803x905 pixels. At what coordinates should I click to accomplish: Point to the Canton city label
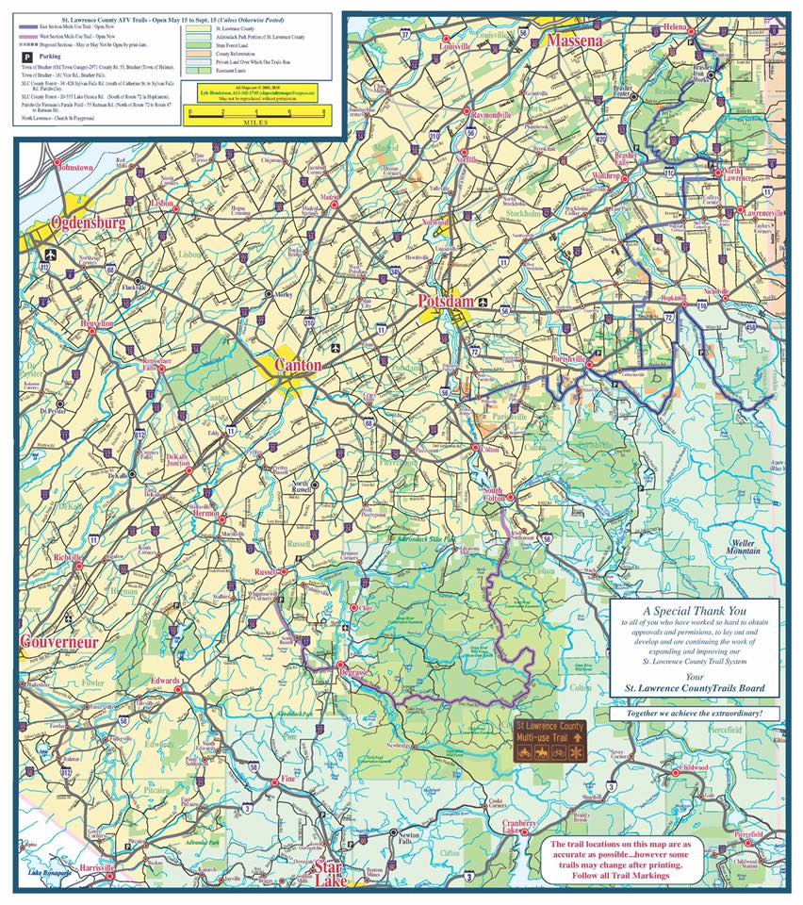(298, 365)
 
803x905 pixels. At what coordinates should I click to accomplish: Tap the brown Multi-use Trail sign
(549, 742)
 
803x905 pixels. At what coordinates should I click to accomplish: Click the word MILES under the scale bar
(255, 122)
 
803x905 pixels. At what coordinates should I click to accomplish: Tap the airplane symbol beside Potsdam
(483, 304)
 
